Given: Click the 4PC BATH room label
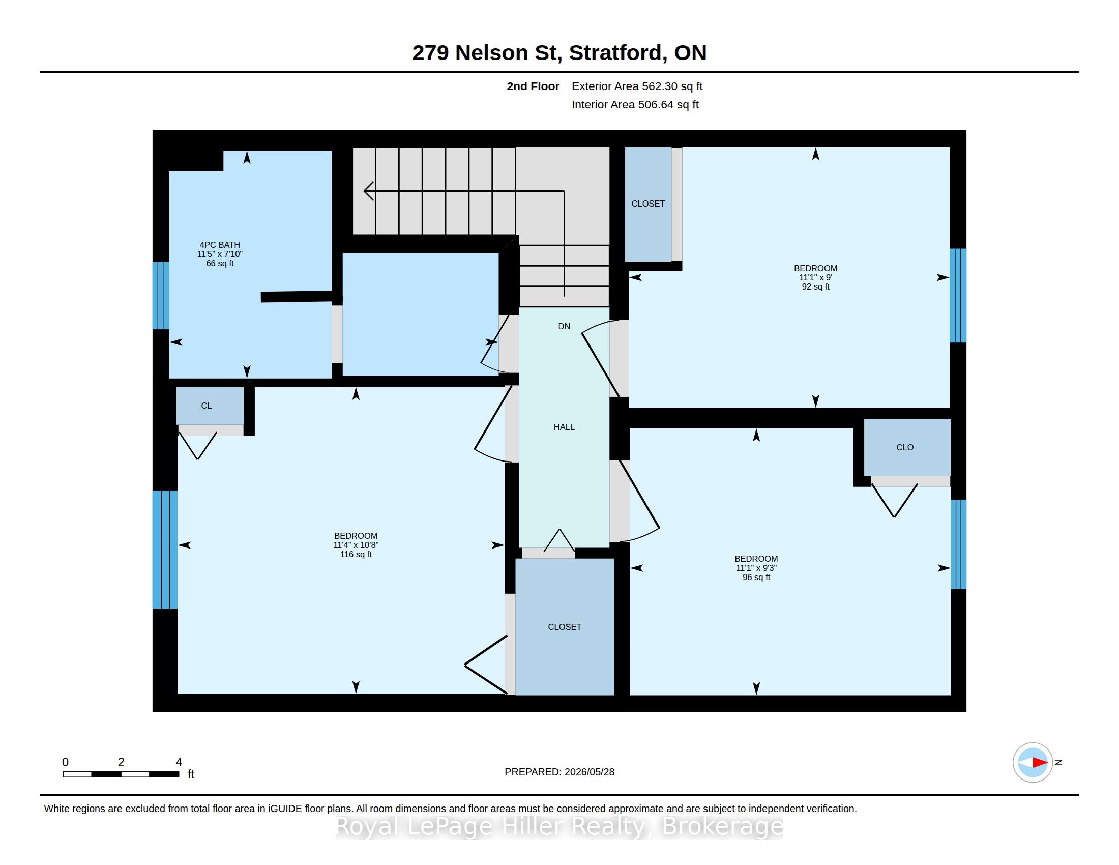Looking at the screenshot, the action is tap(220, 245).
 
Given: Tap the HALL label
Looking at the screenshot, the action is tap(564, 427).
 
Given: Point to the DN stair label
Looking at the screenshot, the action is tap(564, 327).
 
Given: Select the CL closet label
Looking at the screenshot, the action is tap(207, 406).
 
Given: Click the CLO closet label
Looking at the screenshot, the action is tap(905, 447).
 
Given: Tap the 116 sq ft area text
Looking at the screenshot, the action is tap(356, 555).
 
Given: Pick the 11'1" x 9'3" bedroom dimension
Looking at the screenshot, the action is tap(756, 568).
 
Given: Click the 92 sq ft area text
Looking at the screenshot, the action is tap(816, 287).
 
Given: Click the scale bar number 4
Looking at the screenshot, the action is tap(179, 762).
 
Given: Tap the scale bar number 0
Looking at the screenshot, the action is tap(66, 762).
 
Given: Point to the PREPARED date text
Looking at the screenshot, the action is tap(559, 772).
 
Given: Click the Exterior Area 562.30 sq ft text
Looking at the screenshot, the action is tap(637, 86).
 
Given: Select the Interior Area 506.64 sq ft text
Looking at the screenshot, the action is tap(635, 104).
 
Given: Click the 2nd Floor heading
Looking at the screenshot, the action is tap(533, 86).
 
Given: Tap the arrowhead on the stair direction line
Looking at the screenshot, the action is tap(367, 191).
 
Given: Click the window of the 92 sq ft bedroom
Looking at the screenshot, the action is tap(958, 296).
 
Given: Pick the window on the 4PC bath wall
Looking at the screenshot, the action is tap(161, 296).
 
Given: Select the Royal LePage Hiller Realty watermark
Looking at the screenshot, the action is tap(559, 826).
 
